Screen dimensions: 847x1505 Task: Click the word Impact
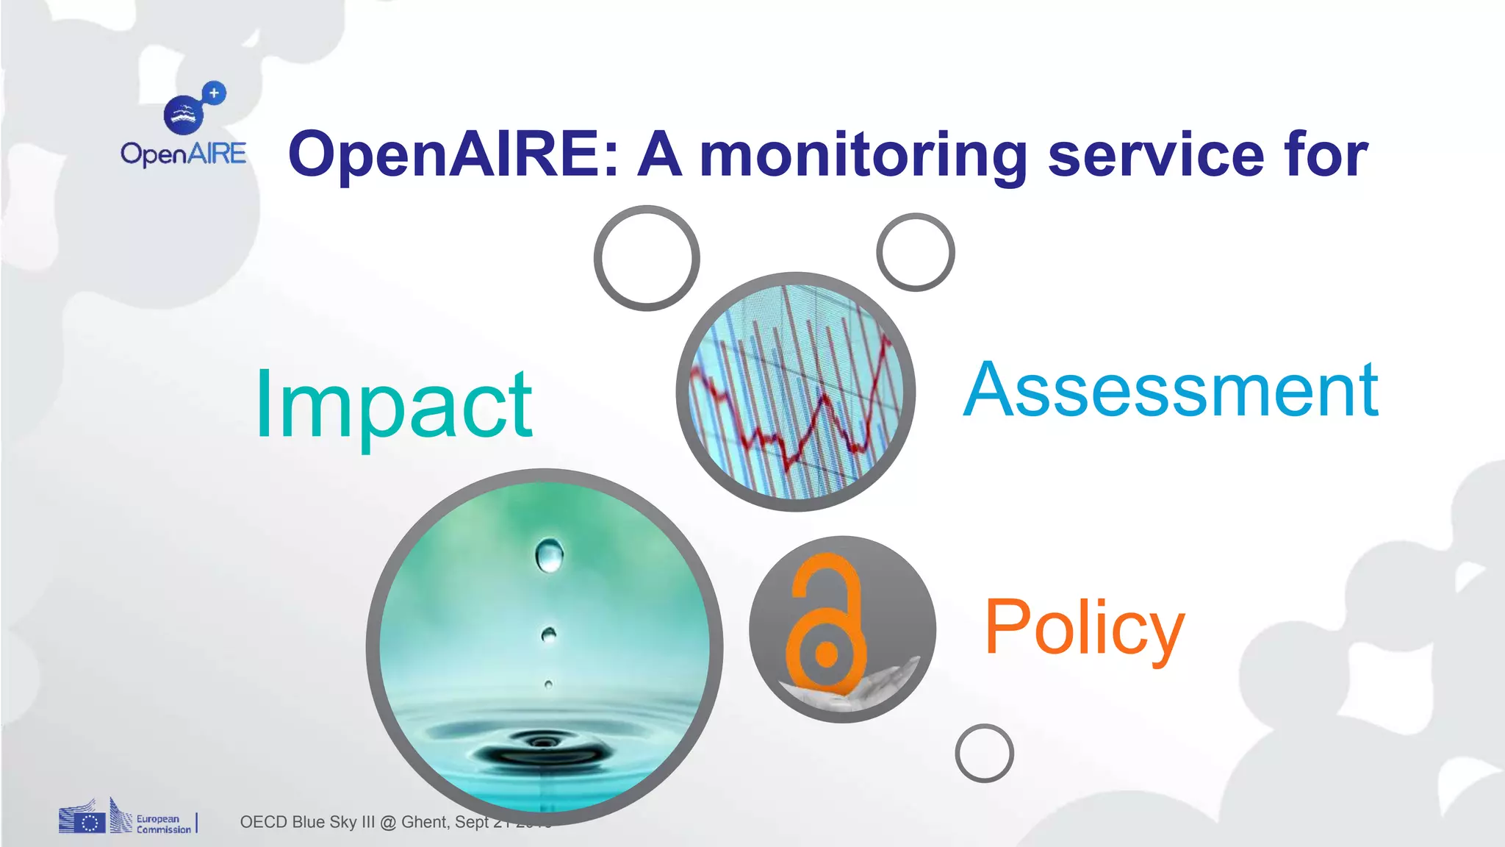(x=393, y=404)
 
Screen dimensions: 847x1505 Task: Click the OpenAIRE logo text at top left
(x=184, y=154)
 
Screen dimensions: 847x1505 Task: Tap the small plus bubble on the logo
(x=214, y=93)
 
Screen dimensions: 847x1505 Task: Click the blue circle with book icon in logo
(x=183, y=115)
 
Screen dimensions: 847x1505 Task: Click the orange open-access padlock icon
(x=825, y=625)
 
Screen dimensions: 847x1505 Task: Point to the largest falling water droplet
(x=549, y=555)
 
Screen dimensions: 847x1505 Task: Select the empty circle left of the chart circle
(x=647, y=258)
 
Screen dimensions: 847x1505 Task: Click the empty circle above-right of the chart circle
(x=916, y=252)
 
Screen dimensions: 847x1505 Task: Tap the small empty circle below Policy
(x=984, y=753)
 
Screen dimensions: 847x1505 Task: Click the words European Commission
(x=163, y=823)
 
